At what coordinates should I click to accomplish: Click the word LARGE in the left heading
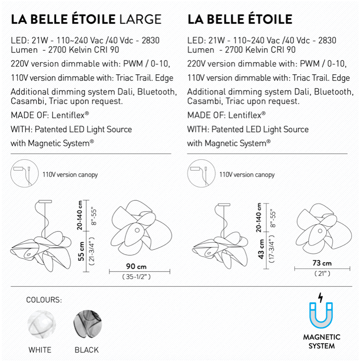[139, 19]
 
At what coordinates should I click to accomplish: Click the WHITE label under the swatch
[40, 350]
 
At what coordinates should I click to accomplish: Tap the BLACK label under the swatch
[86, 350]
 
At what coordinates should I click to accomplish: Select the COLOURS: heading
[44, 300]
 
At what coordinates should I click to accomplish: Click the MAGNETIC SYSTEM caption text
[321, 342]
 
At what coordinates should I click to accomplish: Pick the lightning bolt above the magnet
[320, 297]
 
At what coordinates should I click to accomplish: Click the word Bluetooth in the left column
[151, 92]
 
